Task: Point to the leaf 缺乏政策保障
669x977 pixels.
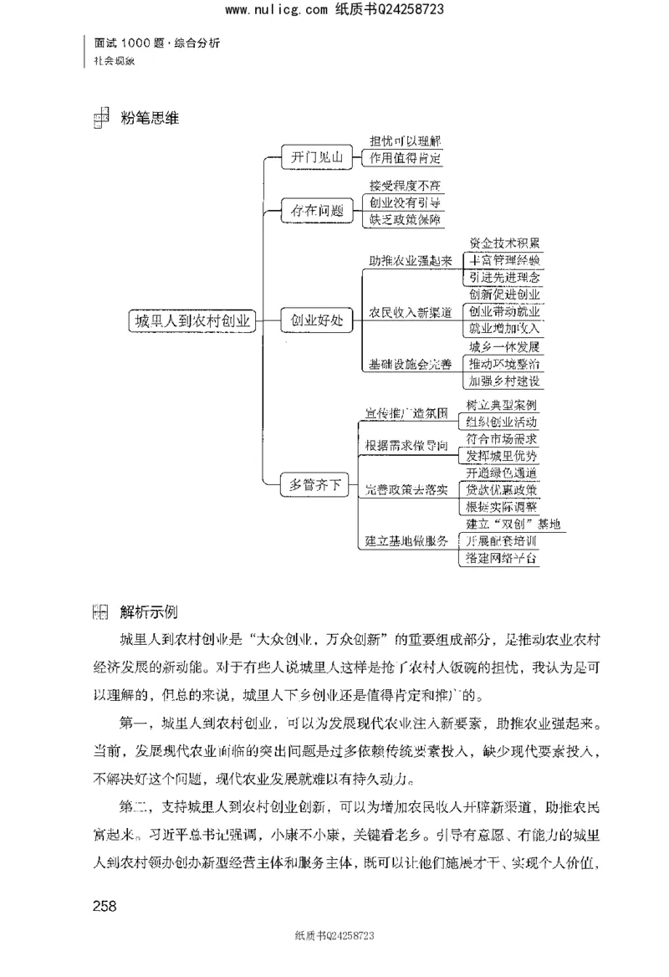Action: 405,219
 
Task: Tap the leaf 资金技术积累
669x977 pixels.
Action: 504,243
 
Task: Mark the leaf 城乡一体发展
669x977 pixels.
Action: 504,347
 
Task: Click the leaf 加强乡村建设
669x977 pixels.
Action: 504,381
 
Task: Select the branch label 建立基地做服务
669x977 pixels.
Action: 407,540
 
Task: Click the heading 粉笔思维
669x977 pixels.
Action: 150,118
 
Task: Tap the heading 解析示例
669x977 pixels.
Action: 150,610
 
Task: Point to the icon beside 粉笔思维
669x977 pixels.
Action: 100,120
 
